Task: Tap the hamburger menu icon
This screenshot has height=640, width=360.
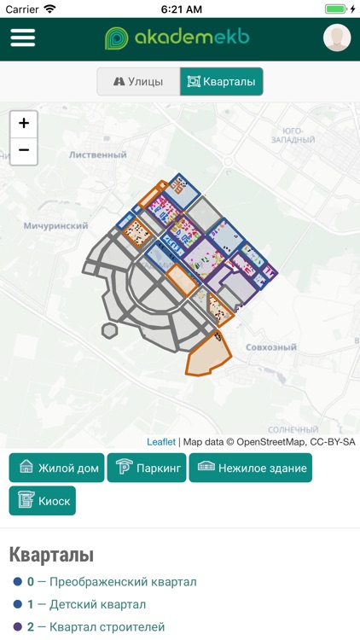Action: pyautogui.click(x=23, y=38)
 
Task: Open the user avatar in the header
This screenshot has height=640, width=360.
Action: pyautogui.click(x=337, y=38)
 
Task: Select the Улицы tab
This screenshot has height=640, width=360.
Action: pyautogui.click(x=137, y=82)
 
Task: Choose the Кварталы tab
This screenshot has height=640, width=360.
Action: pyautogui.click(x=222, y=82)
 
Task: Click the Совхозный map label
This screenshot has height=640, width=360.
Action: pyautogui.click(x=270, y=348)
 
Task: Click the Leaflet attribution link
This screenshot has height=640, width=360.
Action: pyautogui.click(x=160, y=442)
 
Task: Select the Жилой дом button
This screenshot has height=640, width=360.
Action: pyautogui.click(x=57, y=468)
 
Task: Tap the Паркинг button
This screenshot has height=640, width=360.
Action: pyautogui.click(x=147, y=468)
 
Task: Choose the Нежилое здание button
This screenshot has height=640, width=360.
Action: pyautogui.click(x=251, y=468)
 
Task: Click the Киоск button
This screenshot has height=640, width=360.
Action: pyautogui.click(x=43, y=501)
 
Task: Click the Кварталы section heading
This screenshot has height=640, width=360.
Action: pyautogui.click(x=51, y=556)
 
